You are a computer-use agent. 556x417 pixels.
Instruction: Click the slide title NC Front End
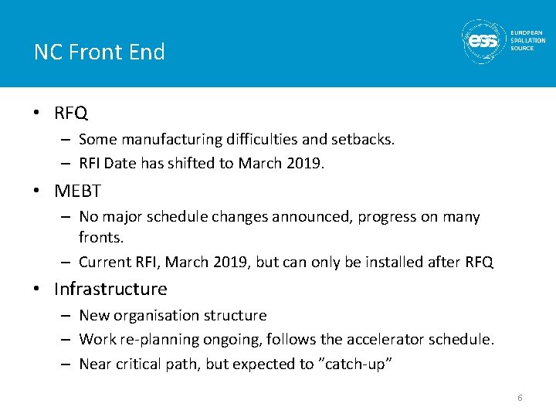99,52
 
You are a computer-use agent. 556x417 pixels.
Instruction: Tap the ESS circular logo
483,41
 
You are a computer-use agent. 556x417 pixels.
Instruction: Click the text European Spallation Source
527,41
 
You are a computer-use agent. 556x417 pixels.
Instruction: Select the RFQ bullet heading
71,114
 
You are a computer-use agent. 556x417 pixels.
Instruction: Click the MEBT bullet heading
77,190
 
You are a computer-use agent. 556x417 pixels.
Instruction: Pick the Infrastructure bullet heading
110,289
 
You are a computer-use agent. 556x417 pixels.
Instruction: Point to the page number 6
520,397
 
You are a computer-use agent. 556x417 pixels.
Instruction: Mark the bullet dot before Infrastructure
37,290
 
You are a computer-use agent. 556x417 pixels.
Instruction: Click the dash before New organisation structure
67,316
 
